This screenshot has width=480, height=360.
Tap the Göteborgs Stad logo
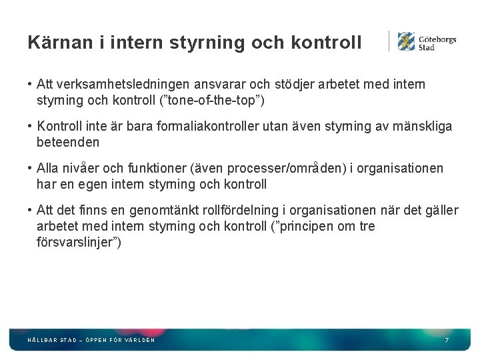tap(427, 41)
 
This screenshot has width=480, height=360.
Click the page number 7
tap(447, 340)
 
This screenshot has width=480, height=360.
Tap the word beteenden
tap(68, 142)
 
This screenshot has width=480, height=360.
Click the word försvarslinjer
tap(78, 242)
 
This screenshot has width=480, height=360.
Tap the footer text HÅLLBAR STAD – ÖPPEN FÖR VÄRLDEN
tap(91, 340)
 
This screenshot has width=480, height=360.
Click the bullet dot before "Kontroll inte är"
tap(31, 126)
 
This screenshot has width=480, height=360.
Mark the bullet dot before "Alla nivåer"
tap(31, 168)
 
